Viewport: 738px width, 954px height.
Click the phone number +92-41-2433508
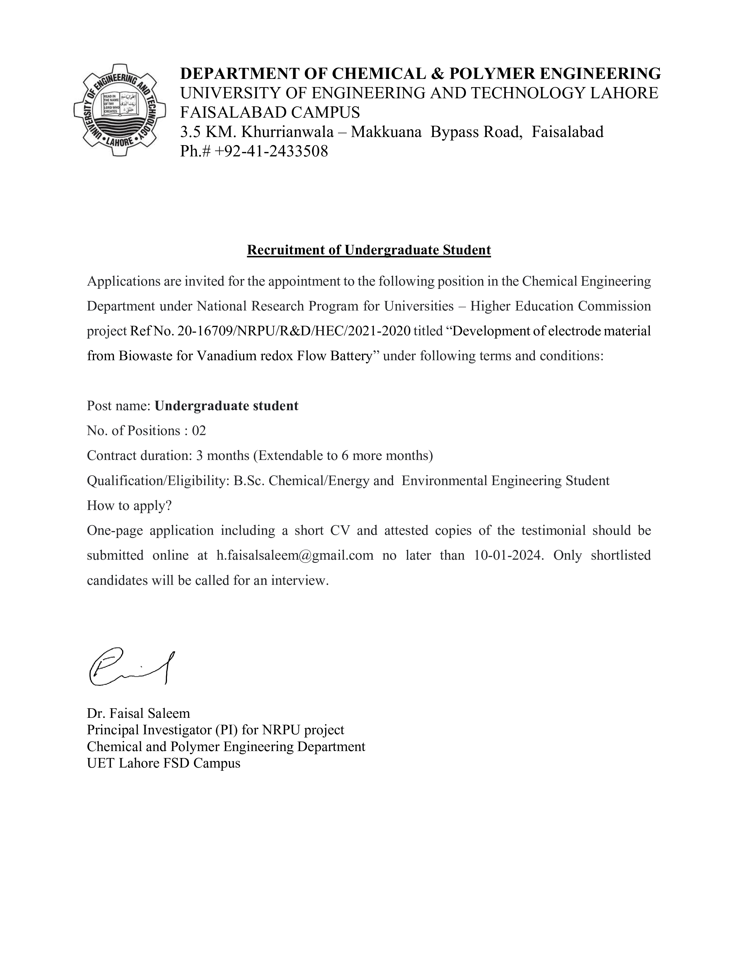271,151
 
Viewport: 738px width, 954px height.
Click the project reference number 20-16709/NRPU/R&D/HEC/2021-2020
294,331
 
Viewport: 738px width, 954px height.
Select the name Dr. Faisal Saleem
138,713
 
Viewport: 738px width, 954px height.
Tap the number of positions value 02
199,431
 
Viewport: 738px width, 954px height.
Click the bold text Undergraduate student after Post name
227,406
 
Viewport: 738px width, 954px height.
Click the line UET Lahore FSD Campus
164,763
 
